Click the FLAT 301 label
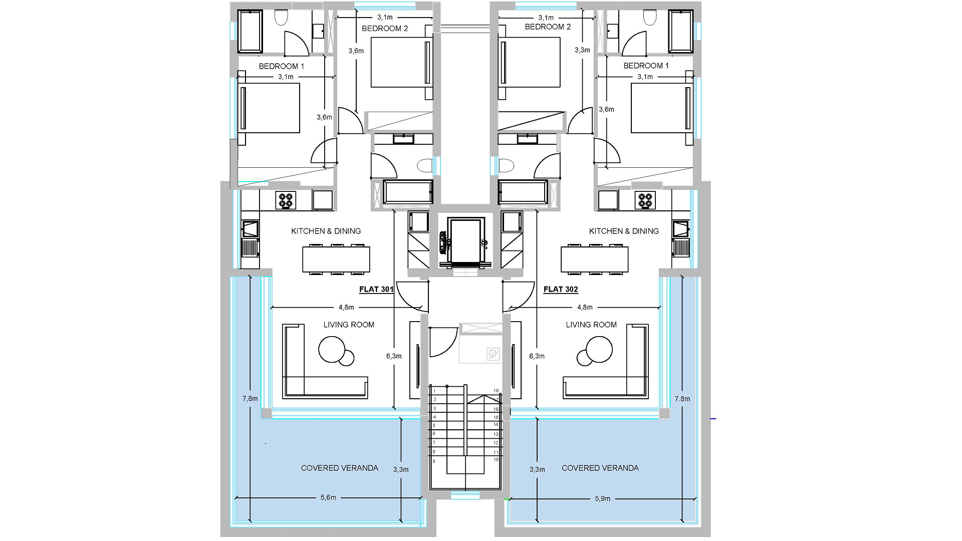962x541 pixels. click(x=376, y=290)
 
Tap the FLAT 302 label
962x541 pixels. click(x=561, y=290)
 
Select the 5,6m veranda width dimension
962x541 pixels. click(x=328, y=498)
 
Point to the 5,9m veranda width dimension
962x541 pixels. click(x=602, y=499)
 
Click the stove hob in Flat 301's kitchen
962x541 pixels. click(x=286, y=201)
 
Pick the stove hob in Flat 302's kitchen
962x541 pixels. click(x=645, y=201)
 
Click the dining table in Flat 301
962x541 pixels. click(x=336, y=259)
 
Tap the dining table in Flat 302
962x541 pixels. click(x=595, y=259)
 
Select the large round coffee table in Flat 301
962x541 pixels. click(x=332, y=349)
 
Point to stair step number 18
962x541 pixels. click(x=496, y=391)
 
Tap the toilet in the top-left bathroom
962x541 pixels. click(x=281, y=19)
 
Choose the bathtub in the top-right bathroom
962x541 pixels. click(x=681, y=31)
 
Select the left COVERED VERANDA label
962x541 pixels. click(x=340, y=468)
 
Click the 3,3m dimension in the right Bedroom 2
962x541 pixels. click(x=582, y=50)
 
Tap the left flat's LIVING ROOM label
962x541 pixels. click(x=349, y=325)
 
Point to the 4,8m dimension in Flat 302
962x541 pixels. click(x=585, y=307)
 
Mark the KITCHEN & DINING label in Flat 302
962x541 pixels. click(x=624, y=231)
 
